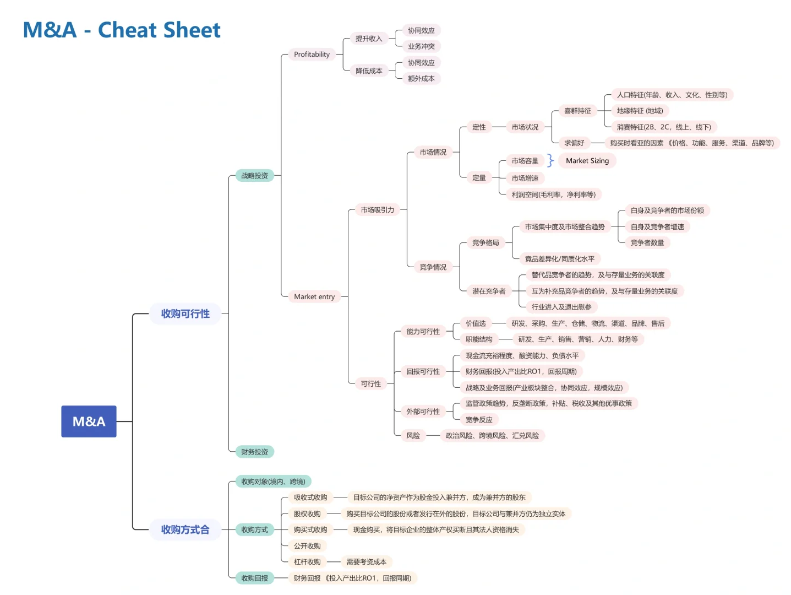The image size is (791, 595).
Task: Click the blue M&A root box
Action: tap(89, 421)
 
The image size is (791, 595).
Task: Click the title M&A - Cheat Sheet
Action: tap(122, 30)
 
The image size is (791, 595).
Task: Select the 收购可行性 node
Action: tap(185, 313)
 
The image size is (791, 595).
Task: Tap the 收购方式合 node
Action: tap(185, 529)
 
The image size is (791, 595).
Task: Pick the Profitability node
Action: tap(312, 54)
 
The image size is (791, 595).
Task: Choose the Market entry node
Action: tap(314, 296)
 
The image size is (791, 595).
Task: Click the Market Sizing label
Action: tap(587, 160)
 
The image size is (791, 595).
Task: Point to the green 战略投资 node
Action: tap(254, 176)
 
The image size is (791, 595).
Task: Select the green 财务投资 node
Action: tap(254, 452)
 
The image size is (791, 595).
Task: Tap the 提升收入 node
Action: tap(368, 39)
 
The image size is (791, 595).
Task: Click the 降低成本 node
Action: tap(368, 71)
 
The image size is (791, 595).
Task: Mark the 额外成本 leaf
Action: tap(421, 79)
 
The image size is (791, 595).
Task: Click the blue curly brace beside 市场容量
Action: tap(550, 160)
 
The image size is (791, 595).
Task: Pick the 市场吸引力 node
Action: tap(377, 210)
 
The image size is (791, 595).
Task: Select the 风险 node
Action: tap(413, 435)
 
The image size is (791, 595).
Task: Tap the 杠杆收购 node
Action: tap(307, 562)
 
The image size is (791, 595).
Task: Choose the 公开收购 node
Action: tap(307, 546)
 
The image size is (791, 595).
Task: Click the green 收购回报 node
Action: tap(254, 578)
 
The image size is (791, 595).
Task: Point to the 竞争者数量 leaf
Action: tap(647, 242)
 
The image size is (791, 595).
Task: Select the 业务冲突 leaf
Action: tap(421, 46)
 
